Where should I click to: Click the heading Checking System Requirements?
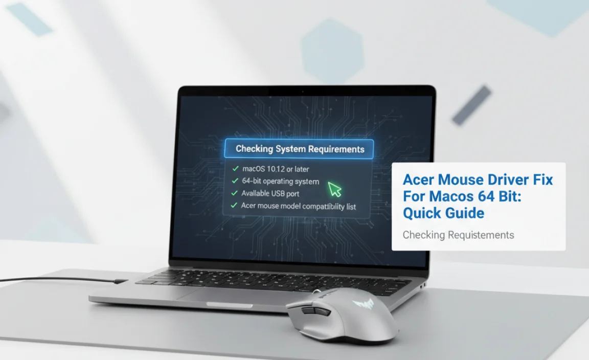point(300,149)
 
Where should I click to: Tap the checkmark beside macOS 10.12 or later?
point(235,168)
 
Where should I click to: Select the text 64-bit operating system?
point(280,181)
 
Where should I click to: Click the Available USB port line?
point(270,193)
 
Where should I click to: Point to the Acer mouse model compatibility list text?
point(299,206)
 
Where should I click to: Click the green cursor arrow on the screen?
point(334,189)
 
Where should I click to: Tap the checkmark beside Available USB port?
point(235,193)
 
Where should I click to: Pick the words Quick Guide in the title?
point(444,212)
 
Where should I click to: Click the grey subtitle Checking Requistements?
point(458,235)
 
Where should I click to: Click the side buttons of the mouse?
point(308,311)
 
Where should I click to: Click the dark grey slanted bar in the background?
point(471,105)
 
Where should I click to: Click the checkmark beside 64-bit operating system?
point(235,181)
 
